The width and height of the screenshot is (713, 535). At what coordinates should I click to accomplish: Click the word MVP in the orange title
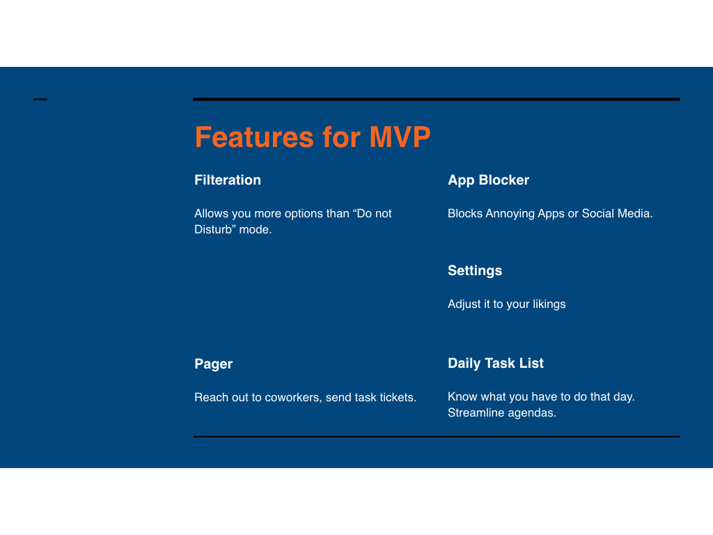(x=400, y=137)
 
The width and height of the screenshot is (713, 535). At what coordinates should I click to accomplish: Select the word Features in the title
(x=254, y=137)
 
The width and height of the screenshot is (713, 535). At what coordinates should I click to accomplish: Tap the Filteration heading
(x=228, y=180)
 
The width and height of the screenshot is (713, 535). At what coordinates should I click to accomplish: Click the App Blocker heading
(x=488, y=180)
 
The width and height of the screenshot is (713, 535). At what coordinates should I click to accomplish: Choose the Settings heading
(x=475, y=271)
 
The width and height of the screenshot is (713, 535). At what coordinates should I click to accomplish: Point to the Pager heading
(x=213, y=364)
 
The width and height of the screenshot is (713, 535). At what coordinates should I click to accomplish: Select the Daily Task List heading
(x=496, y=363)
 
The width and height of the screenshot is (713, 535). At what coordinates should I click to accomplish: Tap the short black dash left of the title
(x=40, y=99)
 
